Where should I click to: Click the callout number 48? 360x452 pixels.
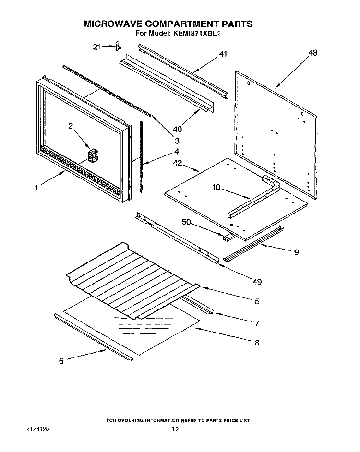pos(312,53)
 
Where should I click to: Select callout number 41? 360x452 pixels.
pos(223,54)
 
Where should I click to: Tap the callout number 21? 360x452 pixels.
pos(97,47)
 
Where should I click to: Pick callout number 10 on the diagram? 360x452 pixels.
pos(216,187)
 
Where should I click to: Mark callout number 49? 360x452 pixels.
pos(257,281)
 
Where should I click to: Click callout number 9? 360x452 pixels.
pos(296,251)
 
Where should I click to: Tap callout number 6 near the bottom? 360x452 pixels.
pos(61,361)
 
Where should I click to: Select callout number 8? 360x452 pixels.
pos(257,342)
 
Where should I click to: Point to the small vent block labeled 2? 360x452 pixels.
pos(92,156)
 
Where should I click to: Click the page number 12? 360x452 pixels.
pos(176,429)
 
